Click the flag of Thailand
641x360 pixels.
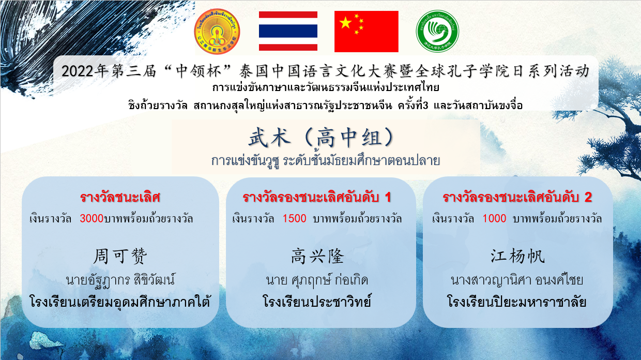288,31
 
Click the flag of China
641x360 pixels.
367,32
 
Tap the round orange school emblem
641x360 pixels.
217,31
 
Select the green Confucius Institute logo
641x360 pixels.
437,31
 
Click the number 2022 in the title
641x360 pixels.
78,71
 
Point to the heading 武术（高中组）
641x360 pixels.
321,138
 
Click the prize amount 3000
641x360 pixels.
91,218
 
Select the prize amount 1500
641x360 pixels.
295,218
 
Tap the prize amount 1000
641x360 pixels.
494,218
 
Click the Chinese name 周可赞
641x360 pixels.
120,256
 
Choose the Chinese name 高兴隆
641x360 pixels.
317,256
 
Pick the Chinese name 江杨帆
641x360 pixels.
517,256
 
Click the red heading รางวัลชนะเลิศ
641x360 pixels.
120,197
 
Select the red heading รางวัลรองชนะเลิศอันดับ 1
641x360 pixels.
317,197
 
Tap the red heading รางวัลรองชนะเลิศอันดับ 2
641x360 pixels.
517,197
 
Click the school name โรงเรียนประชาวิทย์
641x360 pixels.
317,302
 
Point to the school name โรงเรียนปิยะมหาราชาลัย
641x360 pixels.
517,302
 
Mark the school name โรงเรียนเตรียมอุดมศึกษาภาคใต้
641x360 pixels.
120,301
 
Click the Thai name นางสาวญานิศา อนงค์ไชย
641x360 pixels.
517,280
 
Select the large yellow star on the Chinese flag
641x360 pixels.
345,23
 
